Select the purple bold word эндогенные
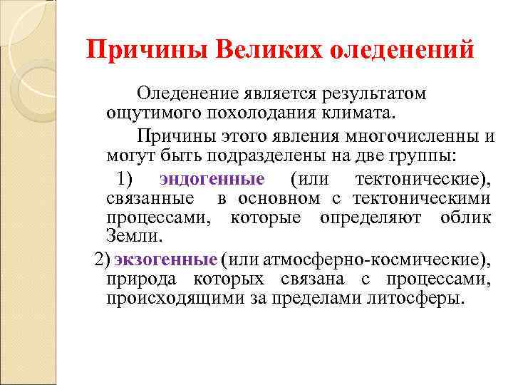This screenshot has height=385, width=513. [x=212, y=178]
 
